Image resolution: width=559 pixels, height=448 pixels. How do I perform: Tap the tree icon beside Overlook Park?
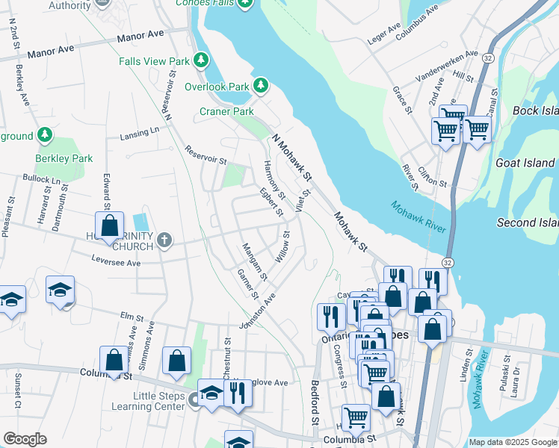click(x=261, y=87)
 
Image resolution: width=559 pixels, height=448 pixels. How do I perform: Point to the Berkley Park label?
click(x=64, y=158)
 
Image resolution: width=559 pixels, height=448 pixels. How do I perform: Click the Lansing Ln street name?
click(x=140, y=134)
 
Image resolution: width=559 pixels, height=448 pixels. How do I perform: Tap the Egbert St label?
click(x=271, y=202)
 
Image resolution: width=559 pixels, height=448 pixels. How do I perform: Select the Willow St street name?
click(x=283, y=246)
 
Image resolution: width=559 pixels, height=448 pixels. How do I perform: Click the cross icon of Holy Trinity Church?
click(x=164, y=240)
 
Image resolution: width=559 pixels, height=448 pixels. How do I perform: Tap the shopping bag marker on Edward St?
click(x=109, y=225)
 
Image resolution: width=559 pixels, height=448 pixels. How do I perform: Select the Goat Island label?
click(x=525, y=163)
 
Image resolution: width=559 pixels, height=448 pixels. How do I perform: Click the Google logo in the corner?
click(x=25, y=439)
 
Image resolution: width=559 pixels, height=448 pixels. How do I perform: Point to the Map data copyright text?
click(x=513, y=442)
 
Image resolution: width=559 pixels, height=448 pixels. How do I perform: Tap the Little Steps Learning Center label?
click(x=148, y=401)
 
